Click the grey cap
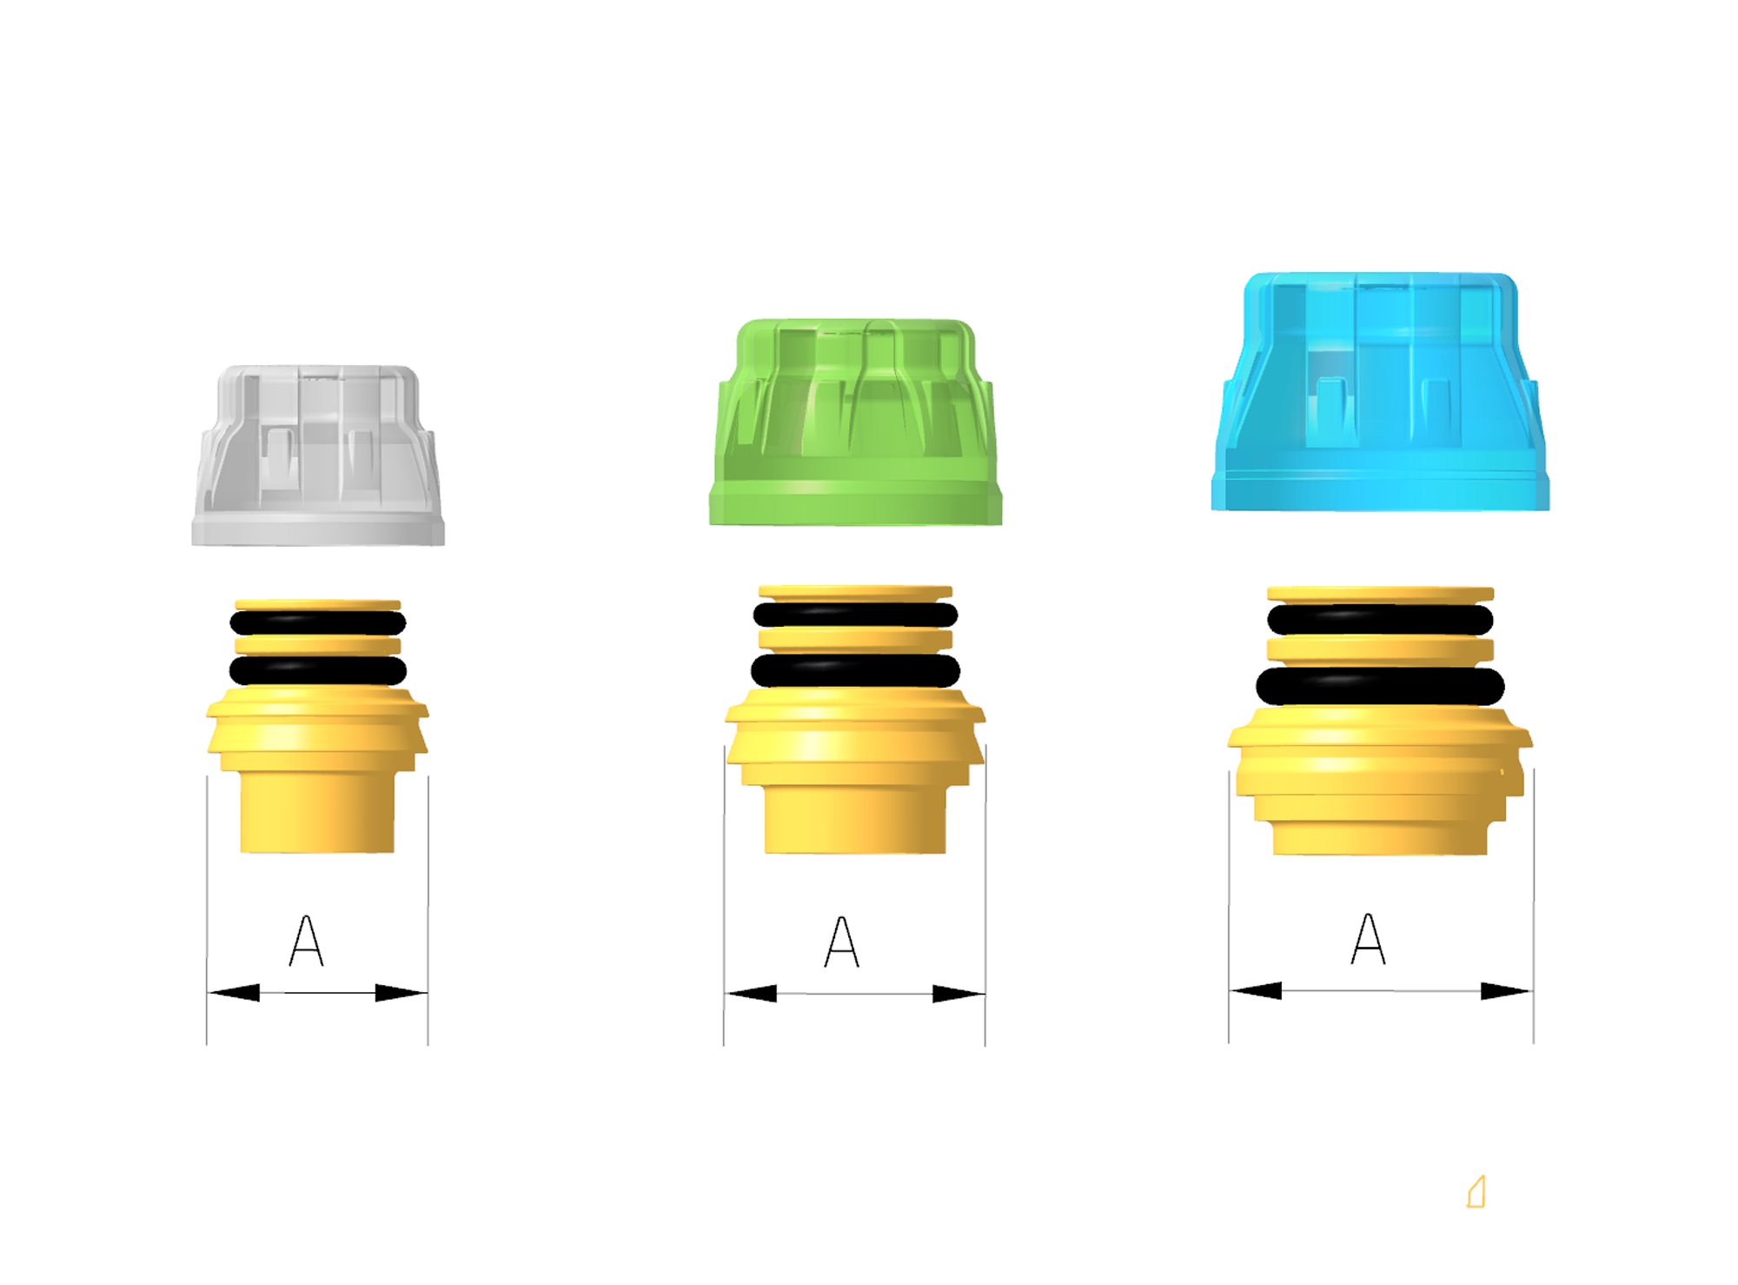[x=318, y=456]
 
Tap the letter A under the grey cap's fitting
[x=306, y=941]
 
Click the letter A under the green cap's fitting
[x=841, y=942]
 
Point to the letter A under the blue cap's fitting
[x=1369, y=939]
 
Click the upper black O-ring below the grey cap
[x=318, y=623]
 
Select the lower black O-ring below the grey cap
[x=318, y=670]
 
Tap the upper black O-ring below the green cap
[x=855, y=615]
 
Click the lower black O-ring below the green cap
[x=855, y=670]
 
